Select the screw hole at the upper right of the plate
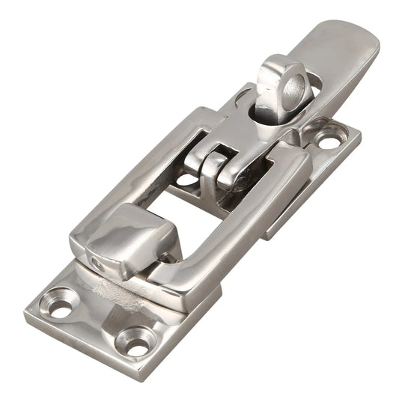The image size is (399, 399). [x=329, y=140]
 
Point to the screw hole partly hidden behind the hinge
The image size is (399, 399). [x=185, y=180]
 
